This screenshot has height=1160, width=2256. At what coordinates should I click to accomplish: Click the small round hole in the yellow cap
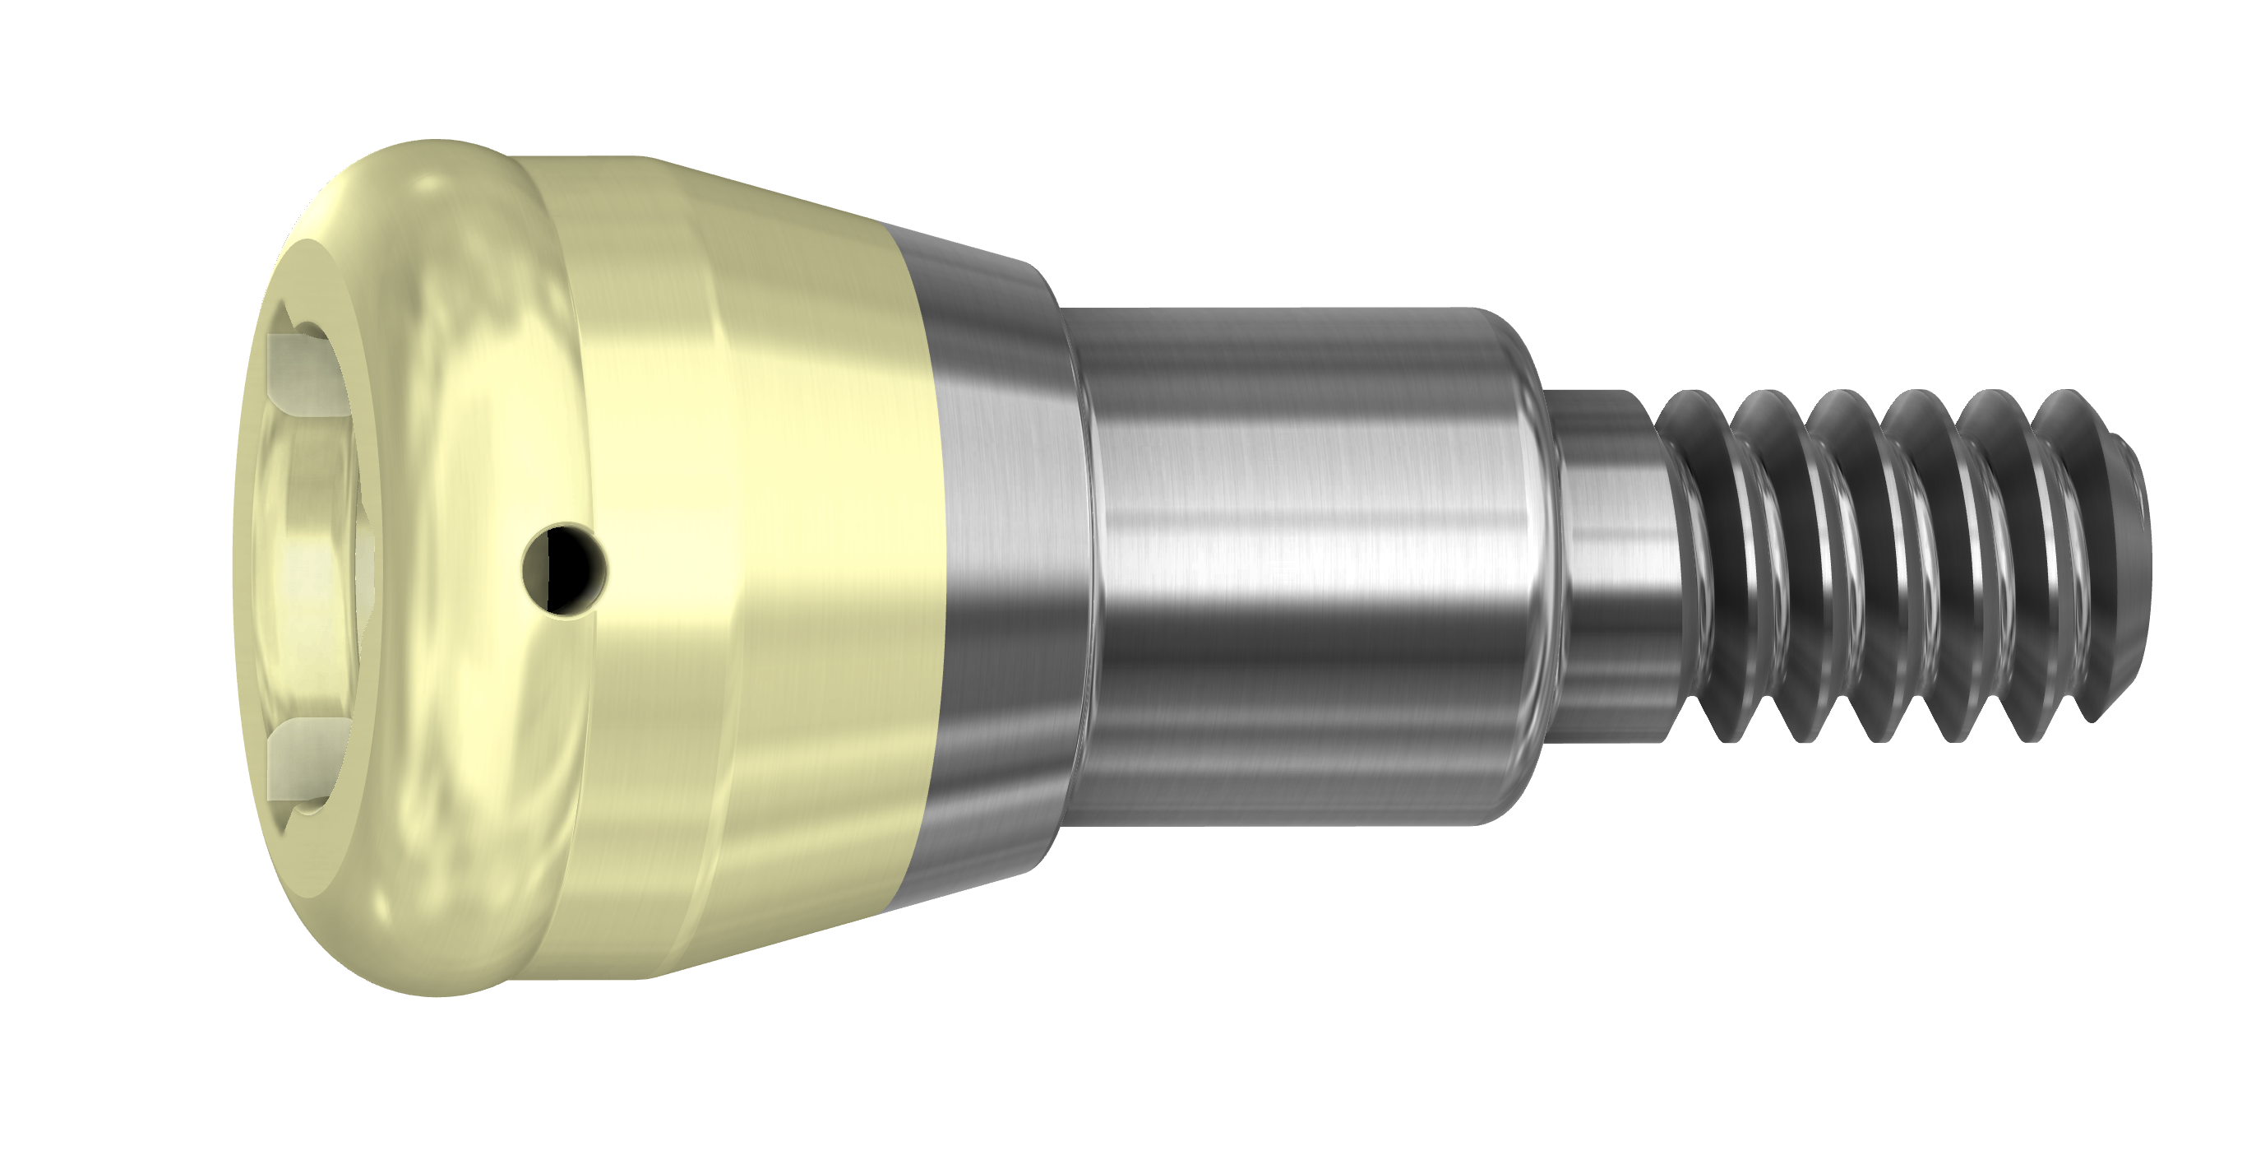pos(563,568)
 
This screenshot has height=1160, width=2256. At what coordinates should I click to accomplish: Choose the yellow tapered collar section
pos(744,561)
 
